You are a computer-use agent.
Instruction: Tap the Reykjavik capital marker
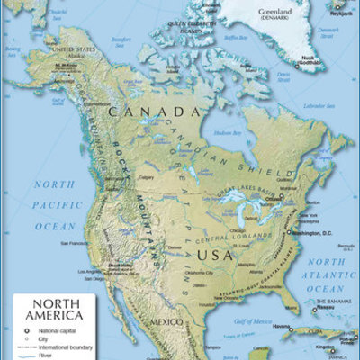[x=339, y=7]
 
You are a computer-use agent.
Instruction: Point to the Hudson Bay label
[x=222, y=132]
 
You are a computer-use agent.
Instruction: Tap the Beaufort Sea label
[x=120, y=40]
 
